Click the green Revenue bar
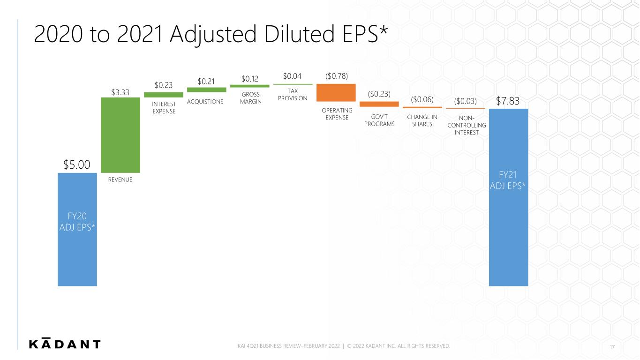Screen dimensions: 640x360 [120, 135]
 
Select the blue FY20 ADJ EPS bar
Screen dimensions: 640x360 [77, 229]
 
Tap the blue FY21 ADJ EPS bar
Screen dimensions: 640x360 [508, 197]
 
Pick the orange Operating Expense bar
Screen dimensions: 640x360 [336, 92]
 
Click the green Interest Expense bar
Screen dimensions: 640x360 [164, 95]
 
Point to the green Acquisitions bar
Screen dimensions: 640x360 [207, 90]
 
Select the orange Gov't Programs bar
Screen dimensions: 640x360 [379, 104]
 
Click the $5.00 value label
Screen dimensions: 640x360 [76, 165]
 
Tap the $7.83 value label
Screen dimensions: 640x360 [507, 101]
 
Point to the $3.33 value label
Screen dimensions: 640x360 [120, 92]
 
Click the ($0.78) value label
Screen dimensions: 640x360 [337, 76]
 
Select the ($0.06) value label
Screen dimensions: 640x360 [422, 99]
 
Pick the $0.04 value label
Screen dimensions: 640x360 [292, 76]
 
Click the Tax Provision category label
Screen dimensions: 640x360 [293, 95]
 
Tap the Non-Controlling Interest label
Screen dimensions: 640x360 [467, 125]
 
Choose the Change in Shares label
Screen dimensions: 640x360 [422, 120]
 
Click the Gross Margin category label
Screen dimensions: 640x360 [250, 98]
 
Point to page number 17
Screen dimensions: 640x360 [612, 347]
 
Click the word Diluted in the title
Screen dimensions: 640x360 [299, 34]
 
